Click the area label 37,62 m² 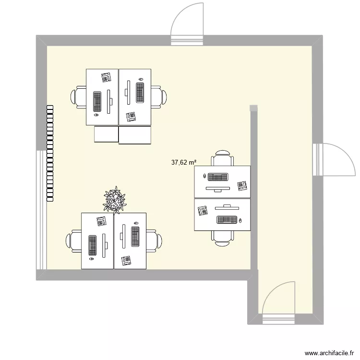184,163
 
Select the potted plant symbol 115,200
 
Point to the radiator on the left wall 49,153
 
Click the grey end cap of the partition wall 253,108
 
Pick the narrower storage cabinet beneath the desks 106,134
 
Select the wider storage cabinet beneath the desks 135,135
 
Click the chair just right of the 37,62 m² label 223,159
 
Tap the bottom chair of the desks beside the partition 222,237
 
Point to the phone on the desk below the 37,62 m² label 242,185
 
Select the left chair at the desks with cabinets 79,96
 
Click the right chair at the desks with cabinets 158,96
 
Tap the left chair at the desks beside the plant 75,240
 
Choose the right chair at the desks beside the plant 153,240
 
